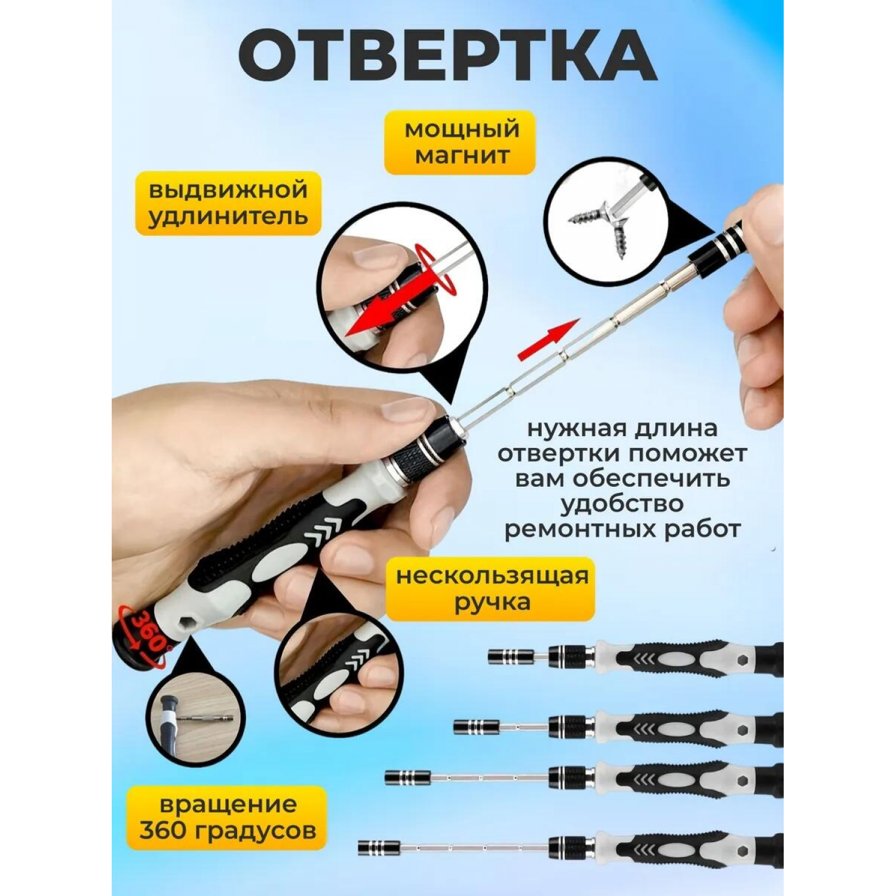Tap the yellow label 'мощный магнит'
point(460,142)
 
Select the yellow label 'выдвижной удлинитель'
point(228,204)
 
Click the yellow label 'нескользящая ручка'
point(491,589)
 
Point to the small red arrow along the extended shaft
point(547,339)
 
